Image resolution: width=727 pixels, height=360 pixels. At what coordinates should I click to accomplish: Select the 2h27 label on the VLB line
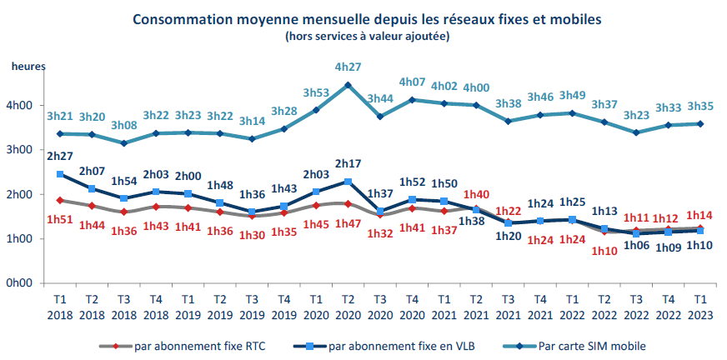60,155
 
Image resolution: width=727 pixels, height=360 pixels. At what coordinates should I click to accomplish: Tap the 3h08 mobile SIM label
123,126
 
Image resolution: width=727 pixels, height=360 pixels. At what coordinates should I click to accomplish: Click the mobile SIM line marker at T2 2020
348,85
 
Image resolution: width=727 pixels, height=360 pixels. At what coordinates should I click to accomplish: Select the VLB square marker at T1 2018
60,174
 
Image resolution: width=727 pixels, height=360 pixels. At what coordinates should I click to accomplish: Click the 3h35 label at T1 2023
699,107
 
